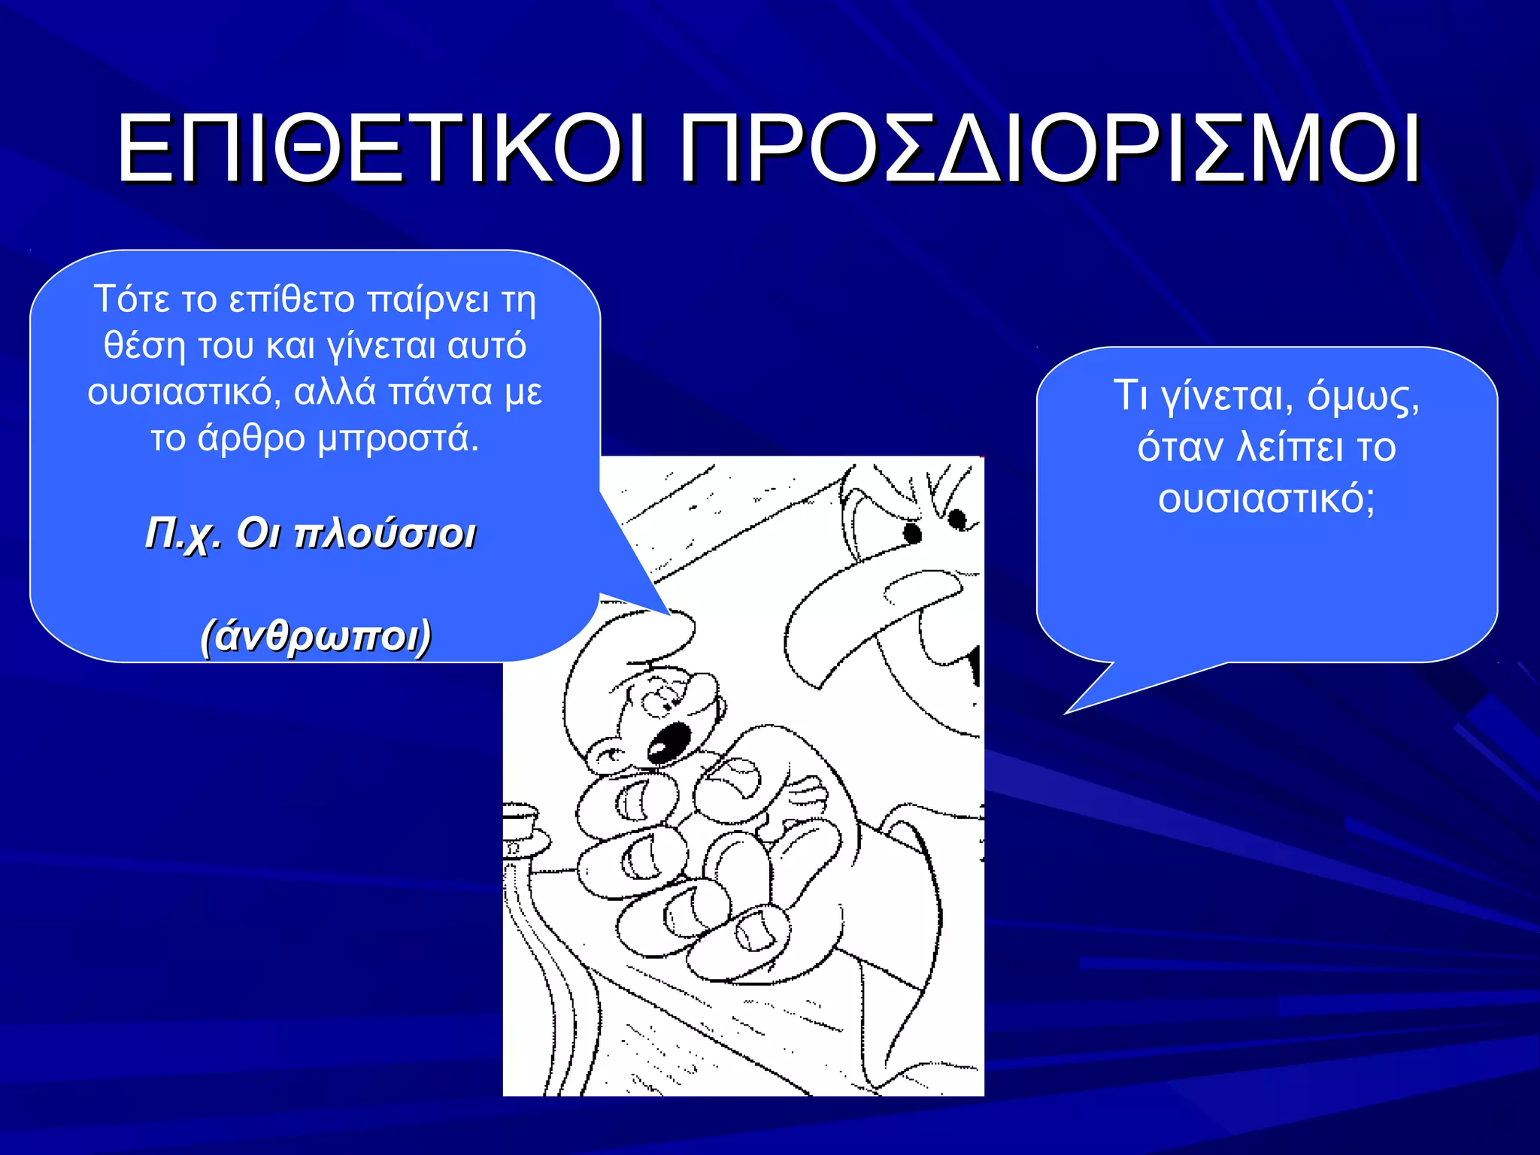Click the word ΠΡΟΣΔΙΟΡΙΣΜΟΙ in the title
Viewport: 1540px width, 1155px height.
[x=1049, y=148]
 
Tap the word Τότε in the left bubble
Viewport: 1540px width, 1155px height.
[x=132, y=299]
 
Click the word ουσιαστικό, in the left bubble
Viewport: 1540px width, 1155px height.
[x=184, y=393]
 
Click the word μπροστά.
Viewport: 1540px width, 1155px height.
[x=398, y=439]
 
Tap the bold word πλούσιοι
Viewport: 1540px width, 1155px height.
[x=385, y=535]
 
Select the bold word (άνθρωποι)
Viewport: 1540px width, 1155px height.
[x=316, y=636]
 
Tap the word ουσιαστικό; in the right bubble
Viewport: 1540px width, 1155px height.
[x=1266, y=499]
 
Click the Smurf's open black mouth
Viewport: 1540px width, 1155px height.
[x=668, y=741]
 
